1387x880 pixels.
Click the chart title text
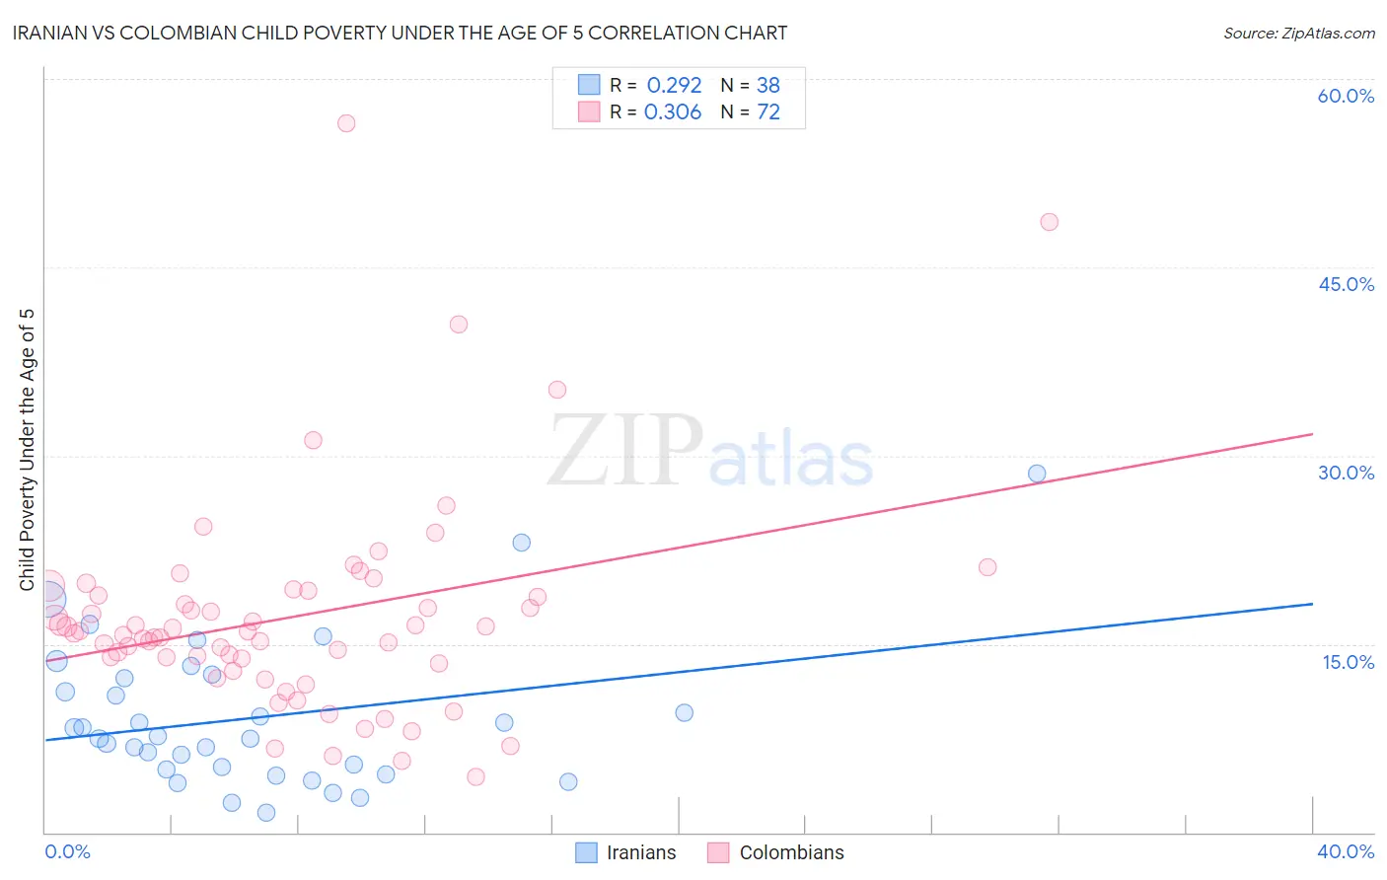400,33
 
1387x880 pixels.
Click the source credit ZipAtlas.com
1298,33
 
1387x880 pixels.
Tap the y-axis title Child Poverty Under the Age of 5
28,449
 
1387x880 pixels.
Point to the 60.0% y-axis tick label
1346,96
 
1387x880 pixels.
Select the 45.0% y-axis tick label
1346,284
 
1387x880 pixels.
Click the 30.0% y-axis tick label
1346,473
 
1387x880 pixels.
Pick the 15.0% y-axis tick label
1348,662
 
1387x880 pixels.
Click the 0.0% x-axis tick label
67,851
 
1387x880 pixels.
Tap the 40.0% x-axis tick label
1346,851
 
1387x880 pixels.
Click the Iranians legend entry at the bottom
626,852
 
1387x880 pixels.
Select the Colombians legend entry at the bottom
776,852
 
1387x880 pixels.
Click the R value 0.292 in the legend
674,86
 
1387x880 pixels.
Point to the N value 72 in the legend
767,112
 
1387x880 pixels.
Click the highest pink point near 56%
346,123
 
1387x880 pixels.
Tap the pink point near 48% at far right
1049,222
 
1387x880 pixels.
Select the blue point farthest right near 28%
1037,474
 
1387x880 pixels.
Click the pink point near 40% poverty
458,325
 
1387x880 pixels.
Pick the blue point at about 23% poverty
522,543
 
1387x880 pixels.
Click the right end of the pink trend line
1312,434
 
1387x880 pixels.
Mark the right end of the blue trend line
1312,603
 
